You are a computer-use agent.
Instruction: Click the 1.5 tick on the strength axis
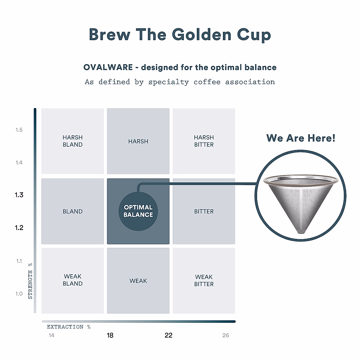19,130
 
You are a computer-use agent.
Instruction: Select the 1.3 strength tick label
19,195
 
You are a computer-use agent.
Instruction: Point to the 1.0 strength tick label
19,294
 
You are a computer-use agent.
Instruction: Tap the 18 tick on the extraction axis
110,335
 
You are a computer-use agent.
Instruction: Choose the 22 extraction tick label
169,335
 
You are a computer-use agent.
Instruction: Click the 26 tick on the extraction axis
226,335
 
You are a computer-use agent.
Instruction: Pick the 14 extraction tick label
52,335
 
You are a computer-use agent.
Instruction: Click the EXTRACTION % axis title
69,327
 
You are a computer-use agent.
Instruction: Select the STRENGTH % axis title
30,281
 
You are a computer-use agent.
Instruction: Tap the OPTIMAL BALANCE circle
138,211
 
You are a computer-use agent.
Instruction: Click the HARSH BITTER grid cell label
204,141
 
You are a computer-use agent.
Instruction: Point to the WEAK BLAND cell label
73,280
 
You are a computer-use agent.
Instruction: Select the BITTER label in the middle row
204,211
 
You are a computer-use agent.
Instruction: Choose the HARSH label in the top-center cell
138,141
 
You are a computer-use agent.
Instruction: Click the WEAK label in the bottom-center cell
138,281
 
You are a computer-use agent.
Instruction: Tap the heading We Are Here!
301,138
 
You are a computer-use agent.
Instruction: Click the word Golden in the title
202,34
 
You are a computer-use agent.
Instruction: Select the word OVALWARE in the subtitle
108,67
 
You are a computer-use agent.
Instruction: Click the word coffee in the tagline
207,82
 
